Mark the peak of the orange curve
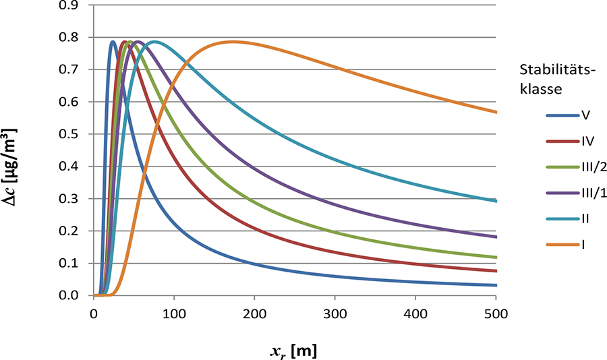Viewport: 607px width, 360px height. [233, 42]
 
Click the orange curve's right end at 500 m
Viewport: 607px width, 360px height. [496, 112]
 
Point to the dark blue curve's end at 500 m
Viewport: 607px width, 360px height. [496, 285]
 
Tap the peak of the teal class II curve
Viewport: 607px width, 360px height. [155, 42]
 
